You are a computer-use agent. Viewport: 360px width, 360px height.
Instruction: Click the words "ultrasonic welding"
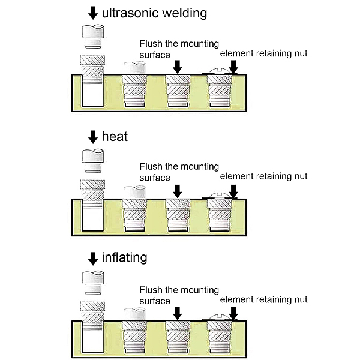(155, 13)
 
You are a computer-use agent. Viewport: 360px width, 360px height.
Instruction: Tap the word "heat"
(115, 137)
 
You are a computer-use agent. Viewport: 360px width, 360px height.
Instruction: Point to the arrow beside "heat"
(92, 137)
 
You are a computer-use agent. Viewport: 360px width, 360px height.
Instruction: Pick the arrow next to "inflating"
(92, 259)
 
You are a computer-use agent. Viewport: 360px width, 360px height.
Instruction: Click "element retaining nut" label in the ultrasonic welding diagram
(263, 53)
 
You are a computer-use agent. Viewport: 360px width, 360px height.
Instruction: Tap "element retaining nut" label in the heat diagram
(263, 176)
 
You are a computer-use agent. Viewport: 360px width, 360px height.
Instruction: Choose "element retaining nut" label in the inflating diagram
(263, 299)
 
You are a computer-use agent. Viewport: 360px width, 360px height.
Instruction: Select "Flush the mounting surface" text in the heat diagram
(178, 172)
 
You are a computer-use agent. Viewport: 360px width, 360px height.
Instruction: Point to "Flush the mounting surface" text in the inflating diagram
(178, 295)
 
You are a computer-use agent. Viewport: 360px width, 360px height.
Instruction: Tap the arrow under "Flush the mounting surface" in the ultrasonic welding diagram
(176, 65)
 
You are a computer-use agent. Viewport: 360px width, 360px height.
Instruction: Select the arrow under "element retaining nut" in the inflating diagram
(233, 312)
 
